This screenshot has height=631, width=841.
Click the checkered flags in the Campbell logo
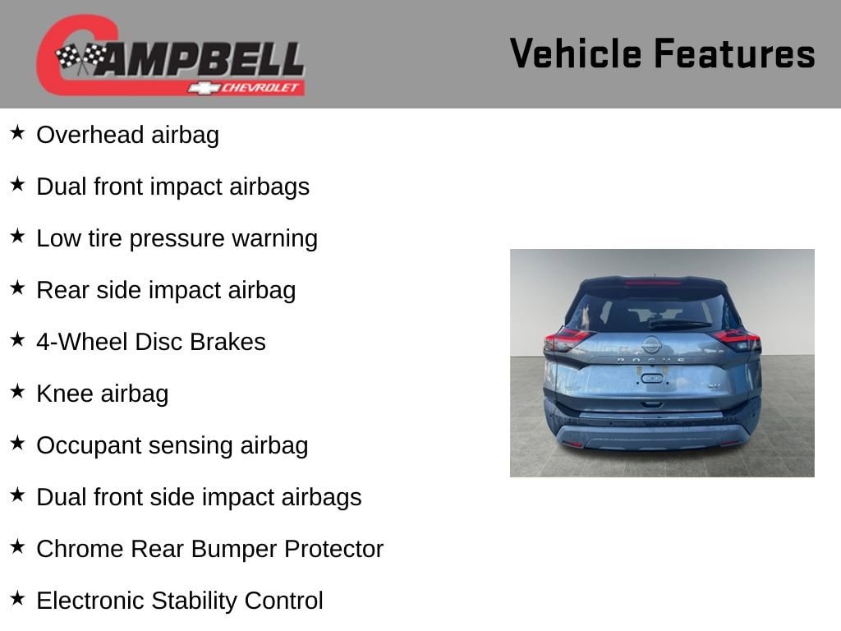pos(81,58)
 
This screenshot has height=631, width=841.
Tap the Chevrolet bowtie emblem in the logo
pos(204,87)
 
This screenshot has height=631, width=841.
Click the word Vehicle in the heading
pos(576,53)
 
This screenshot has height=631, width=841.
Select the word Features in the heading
pos(735,53)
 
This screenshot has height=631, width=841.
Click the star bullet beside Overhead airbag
pos(18,132)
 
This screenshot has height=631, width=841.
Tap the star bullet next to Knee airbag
pos(18,391)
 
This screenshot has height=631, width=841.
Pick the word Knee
pos(65,394)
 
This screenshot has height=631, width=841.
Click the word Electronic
pos(90,601)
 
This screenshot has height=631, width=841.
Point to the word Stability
pos(194,601)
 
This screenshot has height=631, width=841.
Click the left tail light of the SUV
pos(568,339)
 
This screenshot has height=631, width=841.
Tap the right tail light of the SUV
pos(737,339)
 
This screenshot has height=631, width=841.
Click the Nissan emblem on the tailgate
pos(651,344)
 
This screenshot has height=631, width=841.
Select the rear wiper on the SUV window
pos(679,324)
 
